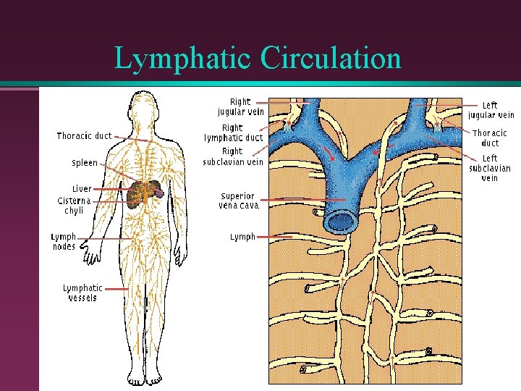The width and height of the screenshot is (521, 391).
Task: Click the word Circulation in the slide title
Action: pyautogui.click(x=331, y=59)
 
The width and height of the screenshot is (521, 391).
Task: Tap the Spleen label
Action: pyautogui.click(x=85, y=163)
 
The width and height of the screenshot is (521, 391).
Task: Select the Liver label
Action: pyautogui.click(x=82, y=188)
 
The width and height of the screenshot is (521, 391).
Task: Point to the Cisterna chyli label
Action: pyautogui.click(x=74, y=205)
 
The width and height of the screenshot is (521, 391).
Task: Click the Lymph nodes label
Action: pyautogui.click(x=64, y=242)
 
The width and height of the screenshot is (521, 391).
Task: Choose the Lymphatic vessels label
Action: pyautogui.click(x=82, y=293)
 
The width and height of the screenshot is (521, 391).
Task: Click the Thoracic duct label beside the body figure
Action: pyautogui.click(x=85, y=135)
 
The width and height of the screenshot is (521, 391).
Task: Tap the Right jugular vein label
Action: pyautogui.click(x=240, y=107)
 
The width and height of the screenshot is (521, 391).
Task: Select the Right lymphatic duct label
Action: pyautogui.click(x=233, y=133)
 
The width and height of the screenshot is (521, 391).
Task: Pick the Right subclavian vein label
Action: pyautogui.click(x=233, y=156)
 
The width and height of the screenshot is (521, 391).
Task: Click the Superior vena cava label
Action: pyautogui.click(x=238, y=201)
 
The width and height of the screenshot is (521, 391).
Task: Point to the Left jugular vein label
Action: pyautogui.click(x=491, y=110)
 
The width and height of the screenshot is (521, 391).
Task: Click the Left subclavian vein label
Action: pyautogui.click(x=490, y=168)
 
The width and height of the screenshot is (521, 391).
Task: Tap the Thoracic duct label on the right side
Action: pyautogui.click(x=490, y=138)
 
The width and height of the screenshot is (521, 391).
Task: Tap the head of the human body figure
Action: pyautogui.click(x=143, y=106)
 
